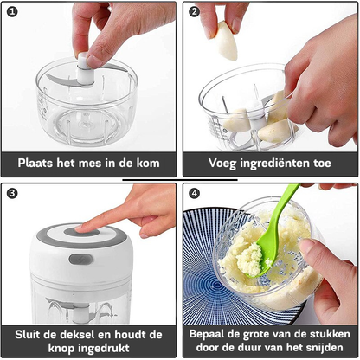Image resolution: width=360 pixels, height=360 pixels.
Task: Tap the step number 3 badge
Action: tap(12, 192)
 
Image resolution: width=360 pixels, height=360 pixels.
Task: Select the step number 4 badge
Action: tap(194, 192)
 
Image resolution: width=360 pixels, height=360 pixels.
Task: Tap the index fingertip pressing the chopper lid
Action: tap(83, 228)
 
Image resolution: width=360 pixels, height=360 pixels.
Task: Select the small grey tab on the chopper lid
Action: tap(80, 259)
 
